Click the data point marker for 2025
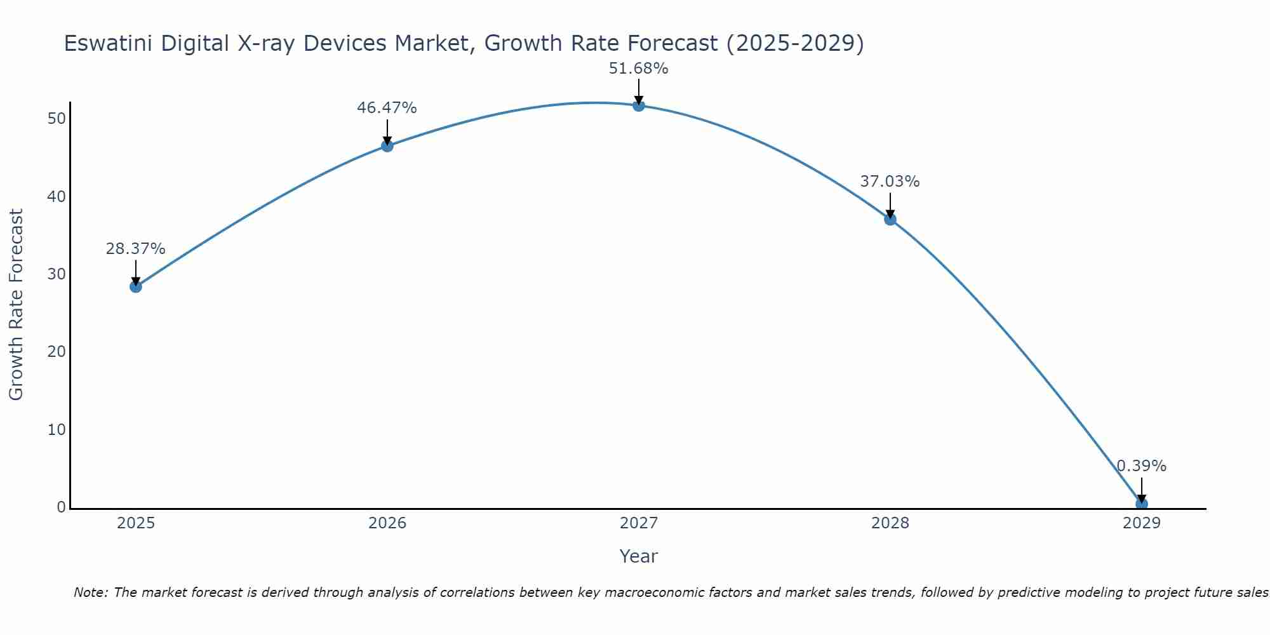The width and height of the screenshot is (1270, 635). click(135, 286)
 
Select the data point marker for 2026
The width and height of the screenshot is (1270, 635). click(387, 146)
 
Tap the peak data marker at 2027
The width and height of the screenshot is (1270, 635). click(639, 105)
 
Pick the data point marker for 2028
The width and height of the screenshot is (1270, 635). click(890, 219)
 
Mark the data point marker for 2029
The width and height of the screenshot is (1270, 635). click(1142, 504)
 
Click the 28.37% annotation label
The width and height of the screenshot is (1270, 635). click(135, 249)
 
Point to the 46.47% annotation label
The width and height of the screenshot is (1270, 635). click(387, 108)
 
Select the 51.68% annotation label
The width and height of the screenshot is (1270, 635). click(639, 69)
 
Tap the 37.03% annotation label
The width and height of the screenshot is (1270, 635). click(890, 182)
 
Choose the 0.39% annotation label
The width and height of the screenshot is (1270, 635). click(1142, 466)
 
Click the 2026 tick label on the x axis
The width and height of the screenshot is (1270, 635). click(387, 523)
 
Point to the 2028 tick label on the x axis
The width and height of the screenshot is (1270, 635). click(890, 523)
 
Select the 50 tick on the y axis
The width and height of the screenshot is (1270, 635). click(57, 119)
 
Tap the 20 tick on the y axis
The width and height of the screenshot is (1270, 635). click(57, 352)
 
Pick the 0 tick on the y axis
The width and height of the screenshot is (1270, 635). click(61, 507)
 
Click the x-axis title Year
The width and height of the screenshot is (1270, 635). click(638, 556)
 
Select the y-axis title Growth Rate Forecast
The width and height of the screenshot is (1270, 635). click(17, 305)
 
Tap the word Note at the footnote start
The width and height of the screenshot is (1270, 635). click(91, 592)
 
